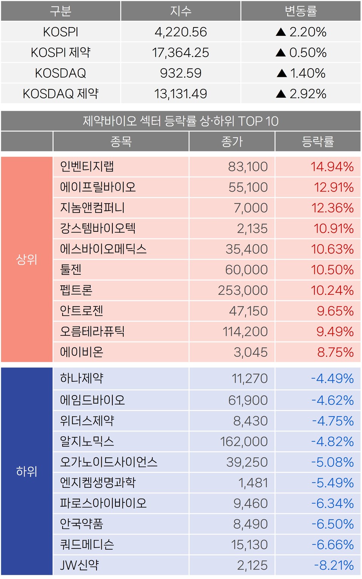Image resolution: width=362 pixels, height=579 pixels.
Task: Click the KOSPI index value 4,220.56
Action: click(x=181, y=32)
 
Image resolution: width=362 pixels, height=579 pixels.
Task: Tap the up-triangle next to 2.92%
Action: click(x=281, y=93)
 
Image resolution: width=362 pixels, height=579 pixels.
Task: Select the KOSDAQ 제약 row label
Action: click(x=61, y=93)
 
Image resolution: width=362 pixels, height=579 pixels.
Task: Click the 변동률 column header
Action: click(x=301, y=11)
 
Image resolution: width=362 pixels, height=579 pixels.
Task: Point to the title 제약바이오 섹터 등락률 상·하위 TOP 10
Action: click(x=181, y=121)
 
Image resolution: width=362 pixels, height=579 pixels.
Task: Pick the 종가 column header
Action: click(x=232, y=142)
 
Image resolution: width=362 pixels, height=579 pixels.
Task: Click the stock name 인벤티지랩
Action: click(x=87, y=167)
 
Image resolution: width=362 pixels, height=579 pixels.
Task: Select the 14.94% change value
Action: click(x=332, y=167)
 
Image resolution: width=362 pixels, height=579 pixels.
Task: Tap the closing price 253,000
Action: click(x=243, y=290)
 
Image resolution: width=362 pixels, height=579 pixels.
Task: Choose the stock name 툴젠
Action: click(x=71, y=270)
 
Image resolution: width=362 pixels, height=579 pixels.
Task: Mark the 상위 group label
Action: click(x=27, y=259)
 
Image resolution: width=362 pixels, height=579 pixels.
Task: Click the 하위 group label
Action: click(x=27, y=471)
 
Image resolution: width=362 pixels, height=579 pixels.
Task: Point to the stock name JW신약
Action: click(x=80, y=565)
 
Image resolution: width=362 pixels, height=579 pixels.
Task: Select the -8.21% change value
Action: click(x=334, y=565)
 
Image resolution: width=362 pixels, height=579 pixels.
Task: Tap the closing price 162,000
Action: click(x=244, y=441)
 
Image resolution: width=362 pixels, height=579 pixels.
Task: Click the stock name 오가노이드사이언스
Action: click(x=109, y=462)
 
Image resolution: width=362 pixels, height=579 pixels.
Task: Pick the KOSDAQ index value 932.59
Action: click(x=181, y=73)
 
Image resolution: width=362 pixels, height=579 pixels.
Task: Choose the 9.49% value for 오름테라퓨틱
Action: click(x=335, y=332)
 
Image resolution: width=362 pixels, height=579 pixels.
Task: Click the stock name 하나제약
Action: click(x=82, y=378)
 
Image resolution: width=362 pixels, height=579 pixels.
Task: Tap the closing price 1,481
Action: click(x=253, y=483)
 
